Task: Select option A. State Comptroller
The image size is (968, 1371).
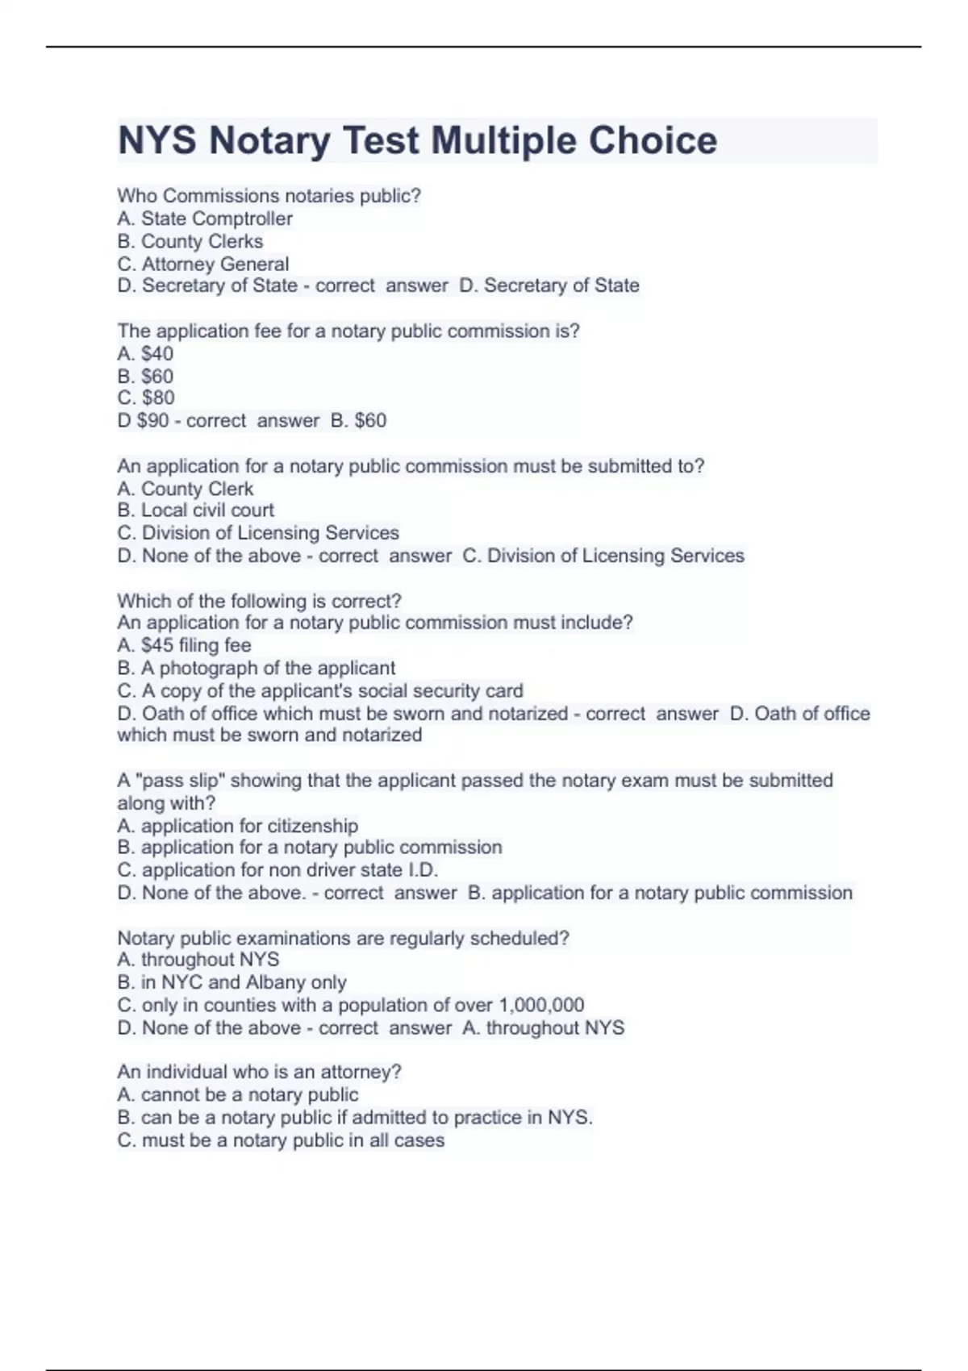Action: [205, 219]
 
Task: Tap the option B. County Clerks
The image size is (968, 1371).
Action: [190, 241]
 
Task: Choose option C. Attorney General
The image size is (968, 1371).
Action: [203, 264]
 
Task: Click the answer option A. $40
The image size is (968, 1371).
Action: [145, 353]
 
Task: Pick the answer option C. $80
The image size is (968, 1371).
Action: [146, 398]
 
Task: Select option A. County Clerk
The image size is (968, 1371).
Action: [186, 489]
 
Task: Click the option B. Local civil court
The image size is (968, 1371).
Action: [196, 510]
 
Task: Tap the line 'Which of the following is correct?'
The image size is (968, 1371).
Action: [259, 601]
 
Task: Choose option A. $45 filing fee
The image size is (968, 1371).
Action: [184, 645]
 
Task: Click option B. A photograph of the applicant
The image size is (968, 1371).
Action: [257, 668]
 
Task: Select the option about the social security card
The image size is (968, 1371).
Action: [320, 691]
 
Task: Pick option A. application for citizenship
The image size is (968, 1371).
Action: [238, 826]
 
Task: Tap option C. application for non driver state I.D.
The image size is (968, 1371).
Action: [277, 870]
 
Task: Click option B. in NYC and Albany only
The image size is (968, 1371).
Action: [232, 982]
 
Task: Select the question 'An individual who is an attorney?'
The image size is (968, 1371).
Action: [259, 1072]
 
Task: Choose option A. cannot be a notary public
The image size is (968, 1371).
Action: [238, 1094]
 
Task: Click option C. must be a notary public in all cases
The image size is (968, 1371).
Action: [281, 1140]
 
